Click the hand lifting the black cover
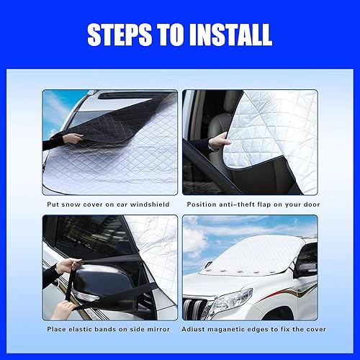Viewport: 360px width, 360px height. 73,138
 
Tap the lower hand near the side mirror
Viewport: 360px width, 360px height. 66,306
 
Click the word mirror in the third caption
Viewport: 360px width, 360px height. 157,328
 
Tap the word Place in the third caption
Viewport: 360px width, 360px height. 59,328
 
